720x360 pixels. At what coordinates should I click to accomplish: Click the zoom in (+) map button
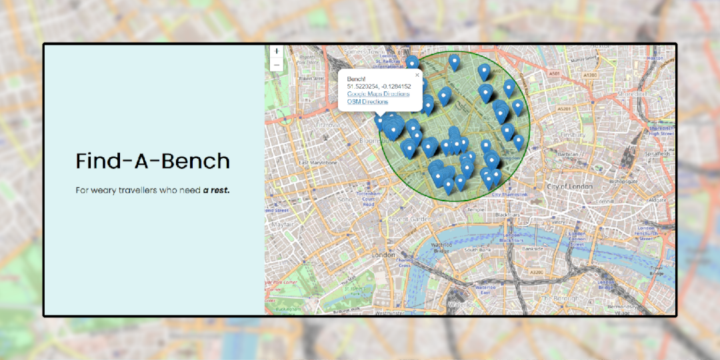pos(277,51)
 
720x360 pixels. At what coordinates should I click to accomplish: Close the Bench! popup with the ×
pos(417,75)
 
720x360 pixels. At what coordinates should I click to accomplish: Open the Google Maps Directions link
pos(378,94)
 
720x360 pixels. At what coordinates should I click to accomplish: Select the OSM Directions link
pos(367,101)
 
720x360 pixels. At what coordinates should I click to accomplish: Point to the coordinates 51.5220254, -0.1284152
pos(379,87)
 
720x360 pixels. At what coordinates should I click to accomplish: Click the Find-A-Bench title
pos(153,161)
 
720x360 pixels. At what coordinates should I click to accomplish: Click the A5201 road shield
pos(564,108)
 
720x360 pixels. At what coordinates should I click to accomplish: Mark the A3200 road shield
pos(535,273)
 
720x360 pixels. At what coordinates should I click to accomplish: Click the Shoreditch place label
pos(627,94)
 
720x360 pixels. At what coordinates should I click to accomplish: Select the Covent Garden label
pos(407,219)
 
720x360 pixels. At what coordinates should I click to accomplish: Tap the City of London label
pos(570,187)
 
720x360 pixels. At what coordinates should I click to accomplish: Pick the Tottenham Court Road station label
pos(368,198)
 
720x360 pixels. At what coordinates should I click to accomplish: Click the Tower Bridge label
pos(657,271)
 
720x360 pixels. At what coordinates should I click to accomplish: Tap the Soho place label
pos(345,199)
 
